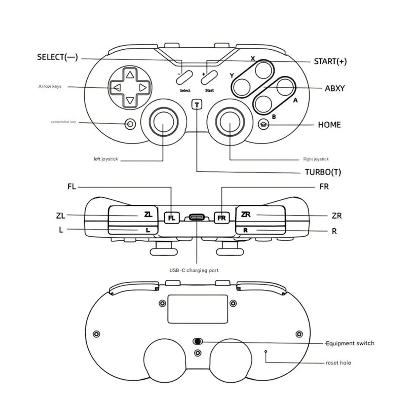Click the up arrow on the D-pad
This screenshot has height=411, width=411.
[129, 75]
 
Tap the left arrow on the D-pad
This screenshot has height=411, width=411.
[116, 88]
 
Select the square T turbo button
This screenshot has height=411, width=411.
[197, 104]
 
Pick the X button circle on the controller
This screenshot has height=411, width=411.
[264, 68]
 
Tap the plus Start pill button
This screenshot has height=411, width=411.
[210, 77]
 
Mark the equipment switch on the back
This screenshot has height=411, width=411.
[198, 341]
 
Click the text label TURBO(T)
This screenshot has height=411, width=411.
[323, 172]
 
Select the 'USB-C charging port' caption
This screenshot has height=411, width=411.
[194, 270]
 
